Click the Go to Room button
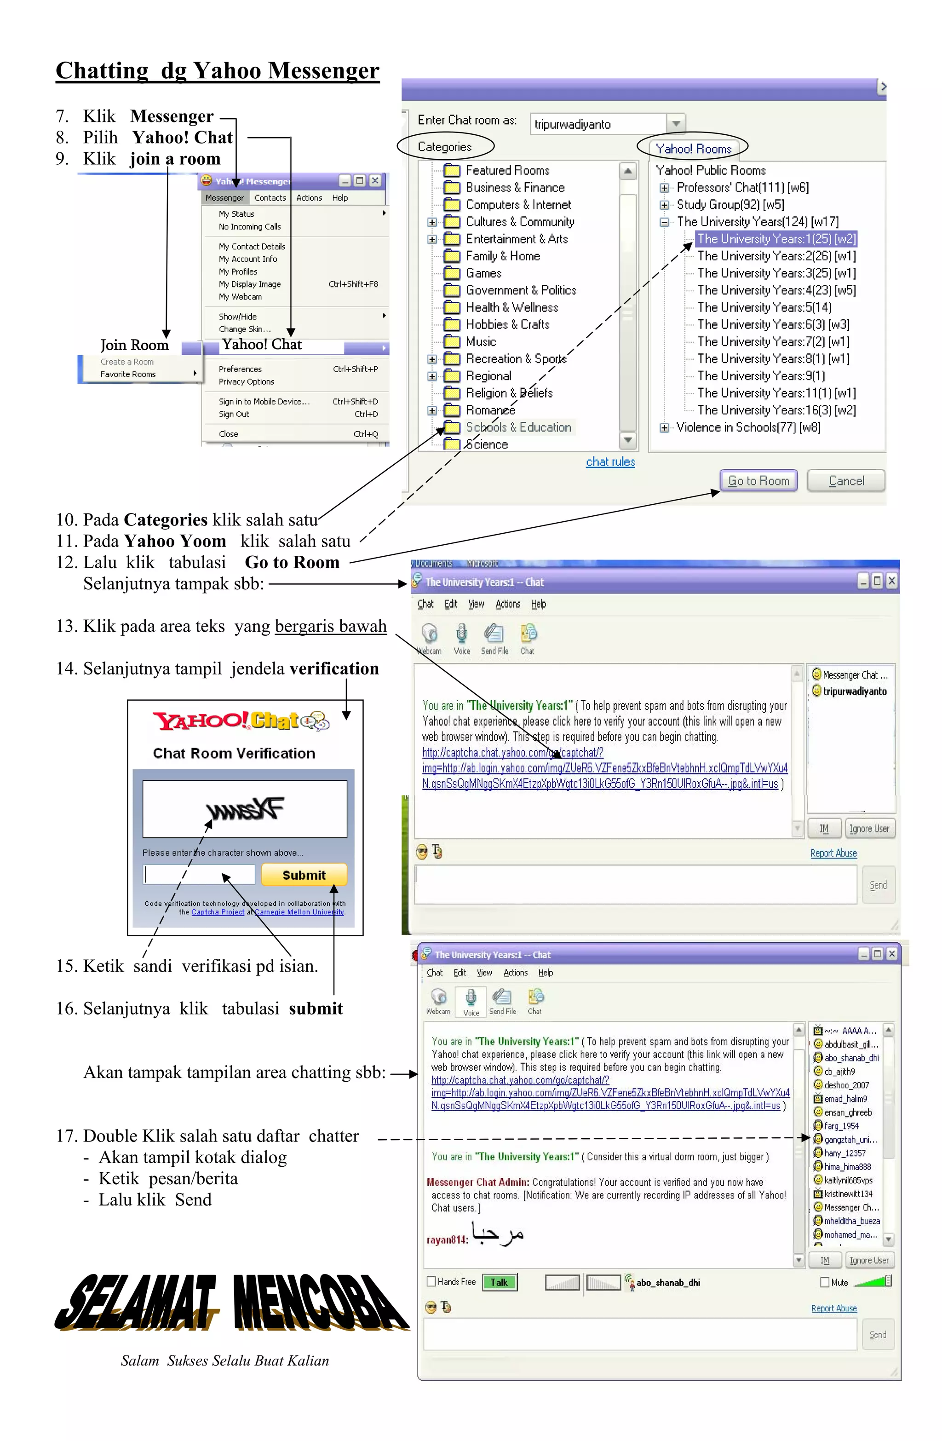(758, 481)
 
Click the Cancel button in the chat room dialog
(846, 481)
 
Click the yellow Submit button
(304, 875)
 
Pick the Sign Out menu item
(234, 414)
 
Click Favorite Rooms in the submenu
(128, 374)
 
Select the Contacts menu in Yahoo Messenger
(270, 198)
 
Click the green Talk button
(500, 1282)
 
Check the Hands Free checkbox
(431, 1281)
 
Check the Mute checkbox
(825, 1282)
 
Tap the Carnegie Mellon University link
(299, 912)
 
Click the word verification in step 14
(333, 669)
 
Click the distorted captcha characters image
(245, 809)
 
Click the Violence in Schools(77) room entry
(748, 427)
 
